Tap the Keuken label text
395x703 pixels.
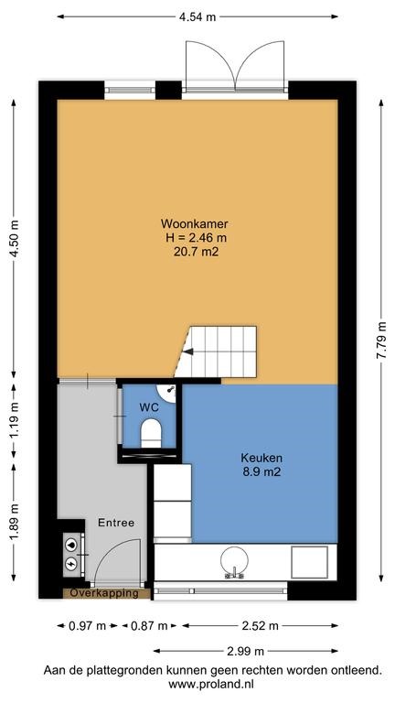262,459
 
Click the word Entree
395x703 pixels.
116,523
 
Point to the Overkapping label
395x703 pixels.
104,593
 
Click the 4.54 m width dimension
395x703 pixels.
197,17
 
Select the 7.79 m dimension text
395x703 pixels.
381,341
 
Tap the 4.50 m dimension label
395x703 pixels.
15,239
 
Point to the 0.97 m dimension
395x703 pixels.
88,626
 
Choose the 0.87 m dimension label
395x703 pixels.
149,626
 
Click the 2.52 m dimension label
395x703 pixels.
260,626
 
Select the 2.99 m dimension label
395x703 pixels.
245,651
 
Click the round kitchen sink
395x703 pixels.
234,560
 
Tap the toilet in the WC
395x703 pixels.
151,434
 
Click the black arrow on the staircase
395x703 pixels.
189,351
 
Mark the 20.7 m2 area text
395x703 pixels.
197,252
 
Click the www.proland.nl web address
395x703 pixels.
211,684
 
